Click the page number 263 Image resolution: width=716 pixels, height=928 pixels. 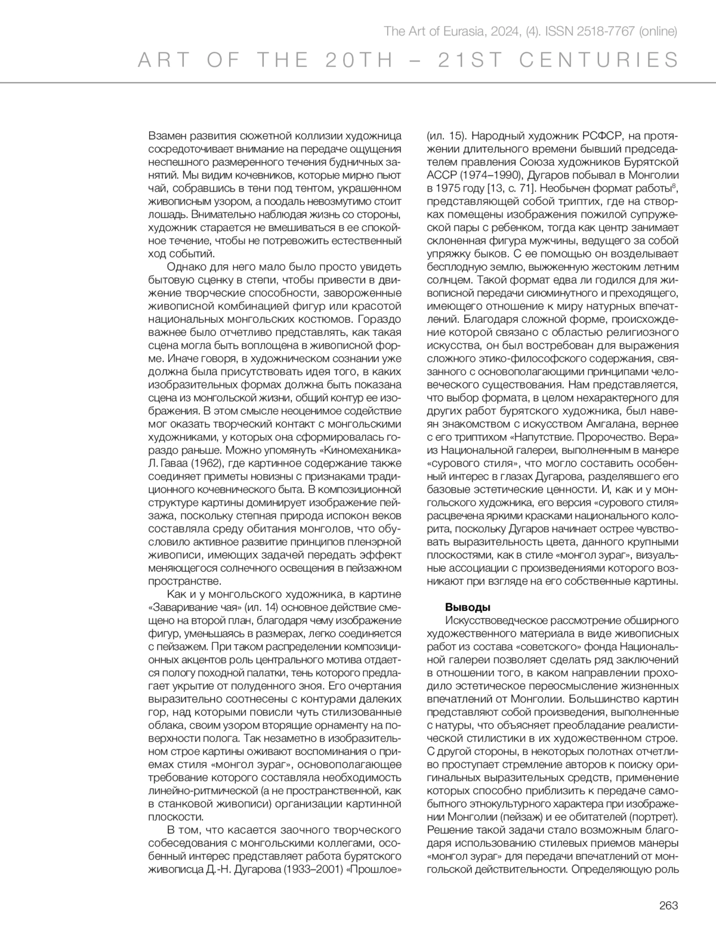(668, 905)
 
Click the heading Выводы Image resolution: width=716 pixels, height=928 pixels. (468, 607)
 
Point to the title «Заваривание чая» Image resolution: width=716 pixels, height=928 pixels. (194, 607)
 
